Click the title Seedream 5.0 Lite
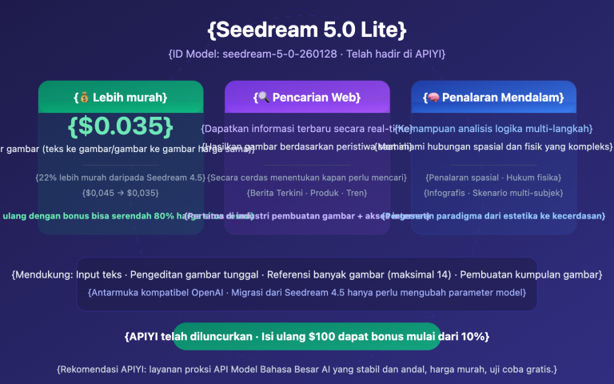point(307,30)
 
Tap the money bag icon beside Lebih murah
point(82,98)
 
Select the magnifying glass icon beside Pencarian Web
point(262,98)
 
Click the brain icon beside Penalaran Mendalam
point(433,98)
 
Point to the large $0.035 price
point(121,126)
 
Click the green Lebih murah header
point(121,98)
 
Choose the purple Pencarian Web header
point(307,98)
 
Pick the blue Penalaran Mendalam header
point(493,98)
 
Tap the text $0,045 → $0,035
point(121,192)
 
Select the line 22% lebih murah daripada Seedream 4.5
point(121,177)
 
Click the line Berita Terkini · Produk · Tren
point(307,192)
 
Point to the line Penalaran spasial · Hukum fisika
point(493,177)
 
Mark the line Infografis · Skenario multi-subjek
point(493,192)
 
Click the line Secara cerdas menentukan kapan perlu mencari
point(307,177)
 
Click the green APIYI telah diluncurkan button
point(307,336)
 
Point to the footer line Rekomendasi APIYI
point(307,369)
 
